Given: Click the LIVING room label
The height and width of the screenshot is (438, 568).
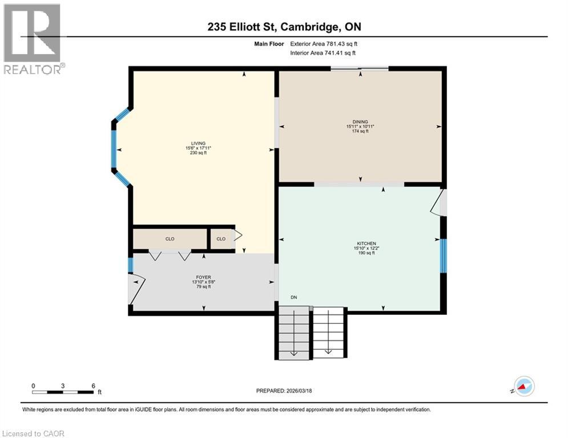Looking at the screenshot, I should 198,144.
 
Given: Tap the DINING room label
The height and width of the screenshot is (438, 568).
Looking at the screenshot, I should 360,121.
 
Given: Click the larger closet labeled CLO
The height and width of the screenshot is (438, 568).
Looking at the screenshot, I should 170,239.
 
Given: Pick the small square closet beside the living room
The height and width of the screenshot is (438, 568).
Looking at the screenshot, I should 221,239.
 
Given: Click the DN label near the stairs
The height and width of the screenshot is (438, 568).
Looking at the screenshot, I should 293,297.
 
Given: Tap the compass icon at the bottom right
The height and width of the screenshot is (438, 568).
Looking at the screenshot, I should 523,386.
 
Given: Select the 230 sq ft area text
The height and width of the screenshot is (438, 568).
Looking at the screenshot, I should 198,153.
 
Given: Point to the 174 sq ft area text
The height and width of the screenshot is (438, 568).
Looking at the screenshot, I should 360,131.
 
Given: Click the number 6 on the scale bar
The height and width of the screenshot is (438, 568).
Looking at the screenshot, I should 93,386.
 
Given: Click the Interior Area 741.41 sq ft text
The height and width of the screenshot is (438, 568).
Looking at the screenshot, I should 323,53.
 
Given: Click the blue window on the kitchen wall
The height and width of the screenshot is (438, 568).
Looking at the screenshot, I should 443,256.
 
